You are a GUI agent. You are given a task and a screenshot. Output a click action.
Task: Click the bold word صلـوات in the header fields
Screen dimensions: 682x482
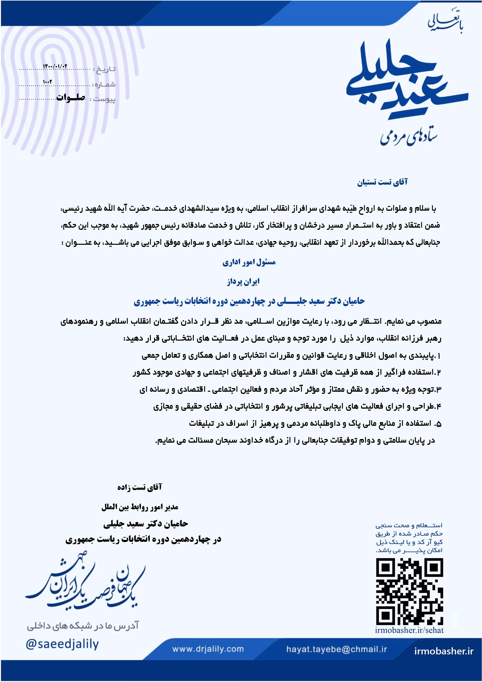[x=71, y=97]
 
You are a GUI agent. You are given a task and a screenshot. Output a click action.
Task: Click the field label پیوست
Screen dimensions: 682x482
[x=104, y=99]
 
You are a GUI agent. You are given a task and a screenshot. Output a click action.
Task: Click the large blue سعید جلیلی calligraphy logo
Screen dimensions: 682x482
[x=407, y=80]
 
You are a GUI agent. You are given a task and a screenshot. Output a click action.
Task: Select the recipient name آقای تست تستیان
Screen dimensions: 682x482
[x=382, y=182]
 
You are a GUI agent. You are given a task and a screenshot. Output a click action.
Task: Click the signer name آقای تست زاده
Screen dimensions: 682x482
[x=140, y=487]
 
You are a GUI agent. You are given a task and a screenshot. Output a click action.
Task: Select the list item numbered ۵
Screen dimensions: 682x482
[x=315, y=424]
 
